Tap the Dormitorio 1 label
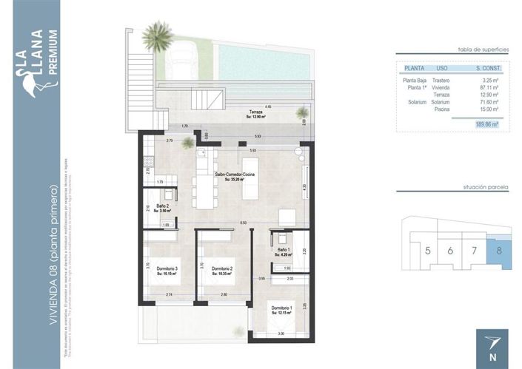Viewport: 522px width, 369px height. [281, 307]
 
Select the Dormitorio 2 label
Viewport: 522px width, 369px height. [221, 268]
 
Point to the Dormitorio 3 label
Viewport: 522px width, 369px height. [168, 268]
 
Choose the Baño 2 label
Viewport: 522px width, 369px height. [162, 206]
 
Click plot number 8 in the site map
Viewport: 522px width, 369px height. [499, 251]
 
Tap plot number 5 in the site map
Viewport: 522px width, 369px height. [428, 251]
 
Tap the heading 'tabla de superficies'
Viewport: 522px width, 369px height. [483, 48]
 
